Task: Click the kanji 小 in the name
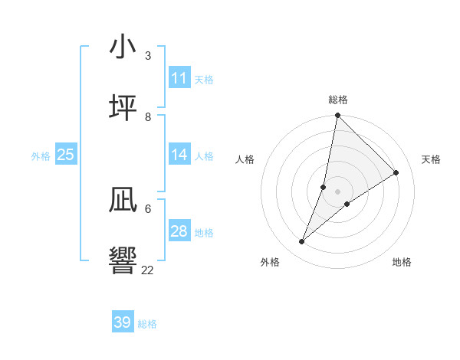pyautogui.click(x=123, y=47)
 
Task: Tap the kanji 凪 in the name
pyautogui.click(x=123, y=201)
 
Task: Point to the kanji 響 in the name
pyautogui.click(x=123, y=260)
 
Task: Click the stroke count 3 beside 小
pyautogui.click(x=147, y=55)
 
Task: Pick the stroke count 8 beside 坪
pyautogui.click(x=147, y=116)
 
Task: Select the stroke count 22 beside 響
pyautogui.click(x=148, y=269)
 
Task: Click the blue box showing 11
pyautogui.click(x=179, y=78)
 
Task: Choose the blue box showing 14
pyautogui.click(x=179, y=155)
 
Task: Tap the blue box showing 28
pyautogui.click(x=179, y=231)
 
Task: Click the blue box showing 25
pyautogui.click(x=66, y=155)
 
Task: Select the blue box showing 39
pyautogui.click(x=123, y=322)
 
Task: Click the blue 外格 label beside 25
pyautogui.click(x=41, y=156)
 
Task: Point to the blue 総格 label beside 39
pyautogui.click(x=147, y=324)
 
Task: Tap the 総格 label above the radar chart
pyautogui.click(x=337, y=100)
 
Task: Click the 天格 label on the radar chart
pyautogui.click(x=431, y=159)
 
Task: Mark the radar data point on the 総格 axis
pyautogui.click(x=337, y=116)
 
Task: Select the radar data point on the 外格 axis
pyautogui.click(x=302, y=242)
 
